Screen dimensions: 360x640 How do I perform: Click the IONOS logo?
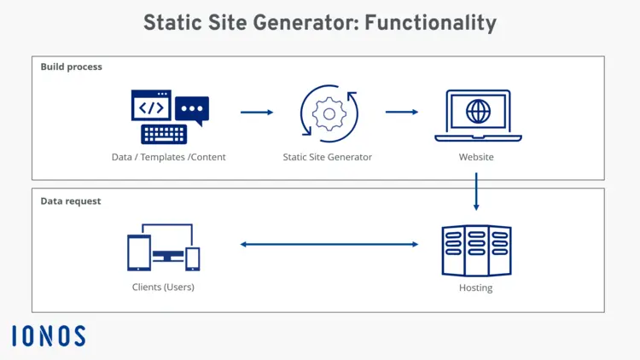49,336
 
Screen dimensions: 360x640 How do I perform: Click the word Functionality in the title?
430,23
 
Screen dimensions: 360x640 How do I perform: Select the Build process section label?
71,67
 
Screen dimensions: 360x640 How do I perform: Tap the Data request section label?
71,201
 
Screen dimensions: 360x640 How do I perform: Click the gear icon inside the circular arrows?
329,113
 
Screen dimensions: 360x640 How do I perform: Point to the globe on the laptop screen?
478,111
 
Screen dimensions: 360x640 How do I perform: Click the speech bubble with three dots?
192,110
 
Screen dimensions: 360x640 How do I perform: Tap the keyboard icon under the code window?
164,134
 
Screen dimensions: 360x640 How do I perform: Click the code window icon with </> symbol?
151,106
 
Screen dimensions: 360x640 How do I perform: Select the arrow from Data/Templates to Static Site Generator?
257,113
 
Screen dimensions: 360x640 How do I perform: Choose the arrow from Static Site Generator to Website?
401,112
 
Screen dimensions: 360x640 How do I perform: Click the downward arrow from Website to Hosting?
476,192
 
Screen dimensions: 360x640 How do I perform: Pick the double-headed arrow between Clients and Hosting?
329,245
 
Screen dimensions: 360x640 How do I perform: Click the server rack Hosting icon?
476,251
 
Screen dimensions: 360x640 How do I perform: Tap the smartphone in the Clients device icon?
194,258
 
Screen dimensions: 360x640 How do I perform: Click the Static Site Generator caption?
328,157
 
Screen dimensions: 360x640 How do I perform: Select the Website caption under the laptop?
476,157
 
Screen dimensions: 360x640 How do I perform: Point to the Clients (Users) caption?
163,287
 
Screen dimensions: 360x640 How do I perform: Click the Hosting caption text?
475,288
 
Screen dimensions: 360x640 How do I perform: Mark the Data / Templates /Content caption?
168,157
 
